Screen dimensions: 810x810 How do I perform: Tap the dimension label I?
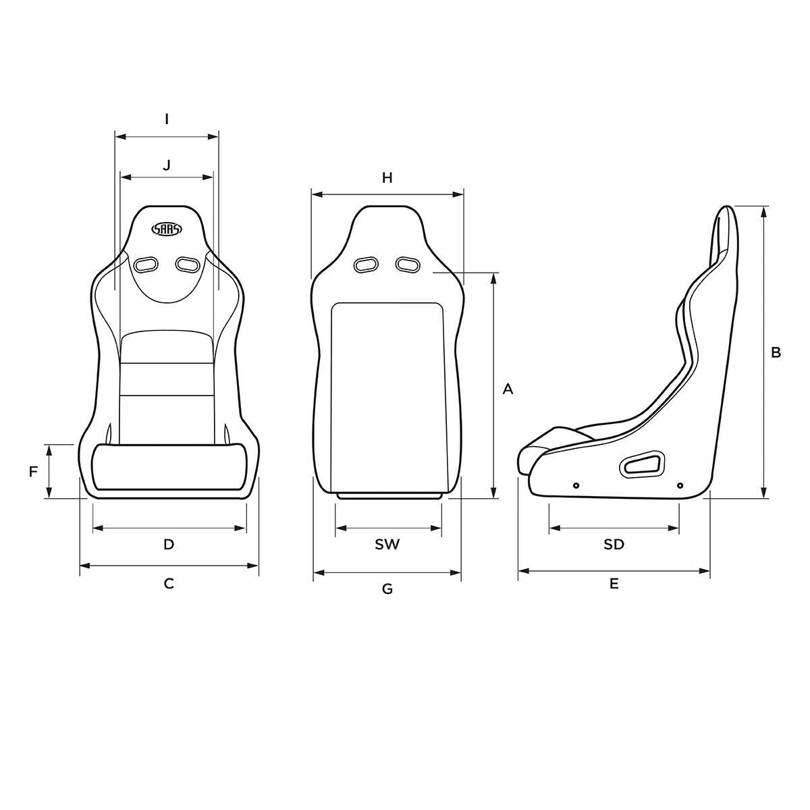167,119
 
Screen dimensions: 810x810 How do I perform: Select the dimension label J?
167,164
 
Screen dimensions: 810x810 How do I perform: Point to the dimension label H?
387,178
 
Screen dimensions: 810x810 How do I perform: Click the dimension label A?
508,389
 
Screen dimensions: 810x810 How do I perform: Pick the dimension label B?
776,352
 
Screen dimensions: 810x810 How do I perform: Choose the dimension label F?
33,472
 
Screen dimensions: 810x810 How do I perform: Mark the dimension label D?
169,544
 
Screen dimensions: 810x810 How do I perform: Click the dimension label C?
169,583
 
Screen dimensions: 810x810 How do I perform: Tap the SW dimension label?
387,544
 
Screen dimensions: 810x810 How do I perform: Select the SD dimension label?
614,544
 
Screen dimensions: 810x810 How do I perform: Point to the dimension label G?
387,589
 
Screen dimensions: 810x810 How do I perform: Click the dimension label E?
614,583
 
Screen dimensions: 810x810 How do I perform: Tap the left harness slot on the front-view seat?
145,264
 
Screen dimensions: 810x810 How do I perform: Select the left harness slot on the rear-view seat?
367,264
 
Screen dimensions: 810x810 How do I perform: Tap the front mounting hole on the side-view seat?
576,485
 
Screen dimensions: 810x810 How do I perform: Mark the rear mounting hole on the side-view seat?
679,485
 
